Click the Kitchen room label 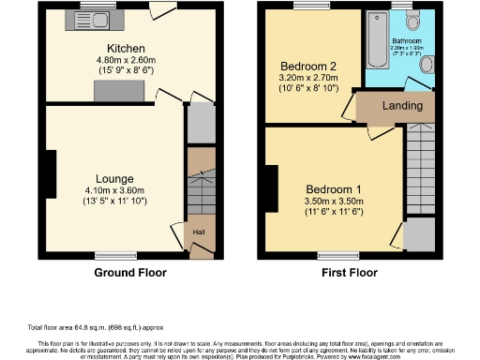pyautogui.click(x=125, y=48)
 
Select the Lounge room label pyautogui.click(x=114, y=177)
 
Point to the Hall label pyautogui.click(x=199, y=232)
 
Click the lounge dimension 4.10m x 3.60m pyautogui.click(x=114, y=189)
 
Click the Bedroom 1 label pyautogui.click(x=333, y=187)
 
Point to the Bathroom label pyautogui.click(x=407, y=41)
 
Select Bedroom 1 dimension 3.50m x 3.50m pyautogui.click(x=333, y=200)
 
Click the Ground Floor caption pyautogui.click(x=131, y=273)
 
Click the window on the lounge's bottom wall pyautogui.click(x=116, y=255)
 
